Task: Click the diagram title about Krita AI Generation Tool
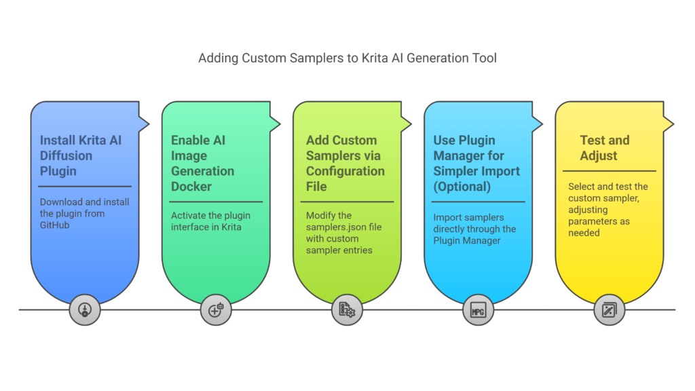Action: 347,58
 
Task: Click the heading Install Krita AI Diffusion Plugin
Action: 81,155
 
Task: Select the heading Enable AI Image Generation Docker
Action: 202,163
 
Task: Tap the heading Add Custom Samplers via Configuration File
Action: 344,163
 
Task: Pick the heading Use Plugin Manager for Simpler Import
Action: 476,163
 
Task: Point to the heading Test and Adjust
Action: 604,148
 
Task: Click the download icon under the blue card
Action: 85,310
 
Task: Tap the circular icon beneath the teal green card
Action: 216,310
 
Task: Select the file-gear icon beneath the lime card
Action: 347,310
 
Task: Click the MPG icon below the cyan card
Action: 478,310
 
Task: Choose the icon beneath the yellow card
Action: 609,310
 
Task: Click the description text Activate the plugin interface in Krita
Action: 211,221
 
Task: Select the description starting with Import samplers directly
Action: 474,229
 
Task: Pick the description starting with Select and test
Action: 608,209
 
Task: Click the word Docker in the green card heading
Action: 191,186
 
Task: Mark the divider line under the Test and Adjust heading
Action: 608,171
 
